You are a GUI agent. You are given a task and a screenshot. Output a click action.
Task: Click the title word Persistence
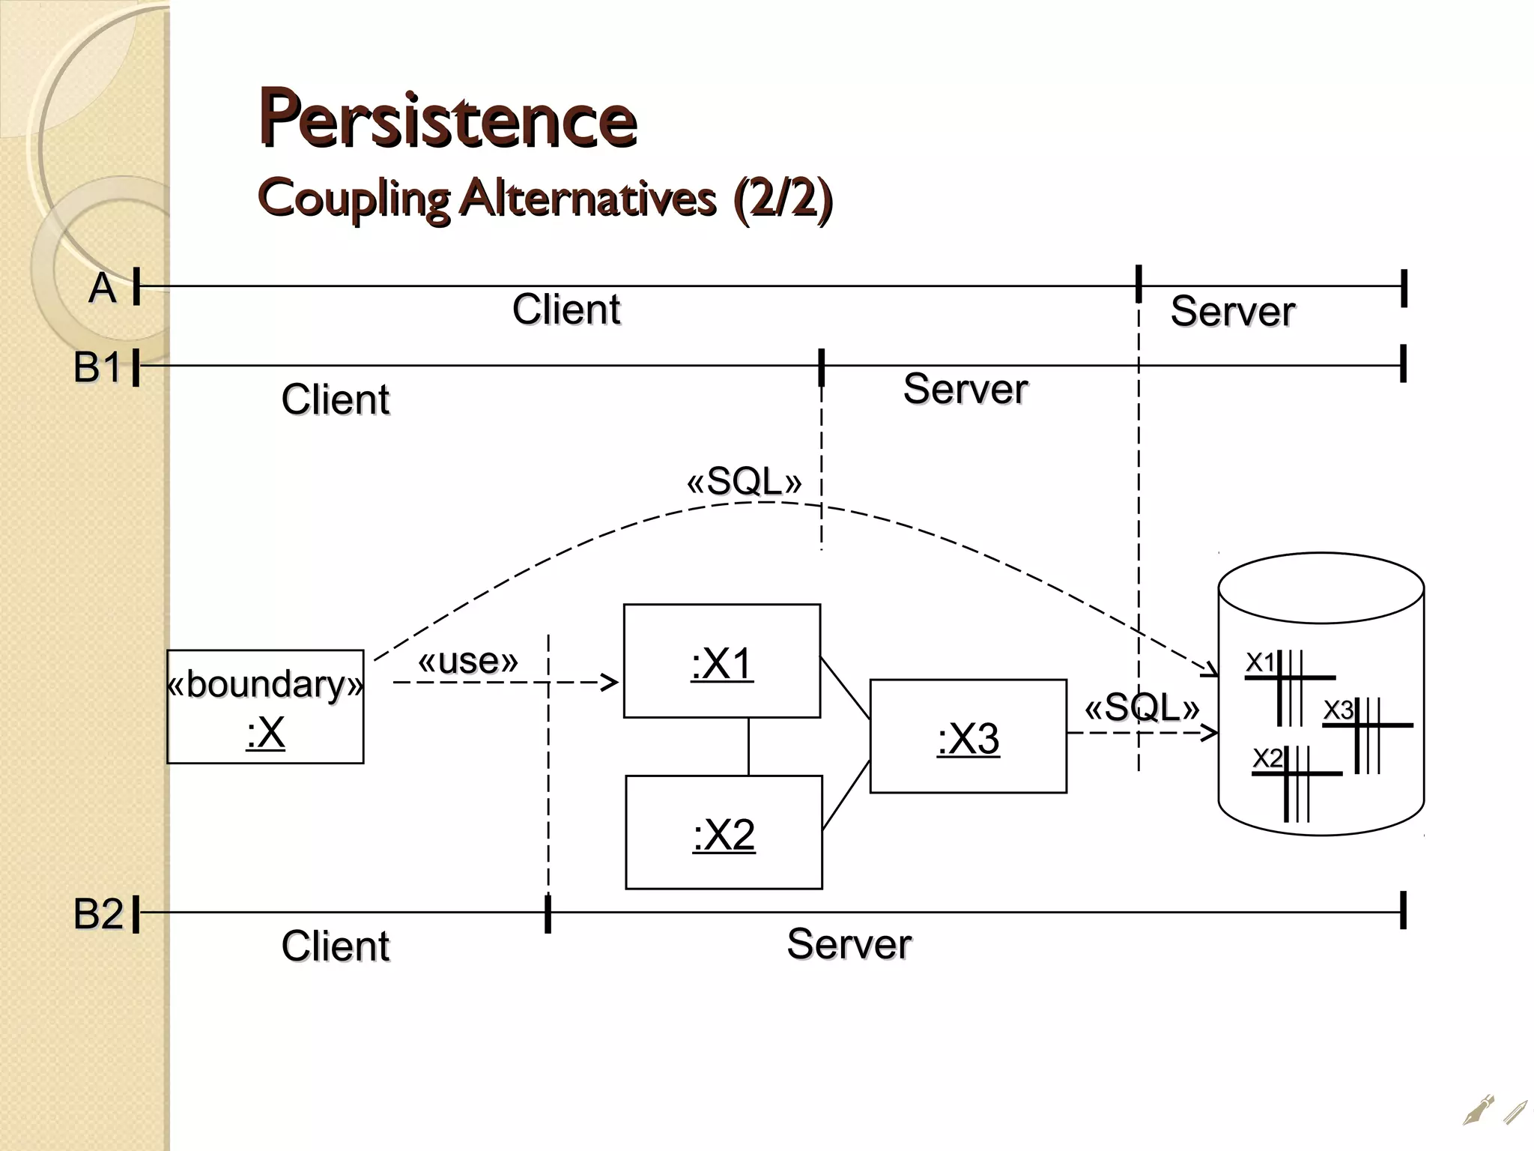(447, 118)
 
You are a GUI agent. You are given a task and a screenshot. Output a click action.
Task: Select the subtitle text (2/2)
(782, 199)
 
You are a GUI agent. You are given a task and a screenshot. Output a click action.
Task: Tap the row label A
(103, 288)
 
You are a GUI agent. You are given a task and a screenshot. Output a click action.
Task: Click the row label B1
(97, 368)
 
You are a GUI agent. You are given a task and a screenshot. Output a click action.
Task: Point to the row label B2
(97, 914)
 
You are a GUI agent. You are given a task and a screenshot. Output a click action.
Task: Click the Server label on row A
(1232, 312)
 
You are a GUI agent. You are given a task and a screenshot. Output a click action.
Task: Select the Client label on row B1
(335, 399)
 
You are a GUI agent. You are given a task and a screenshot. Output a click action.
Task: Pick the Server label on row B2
(849, 944)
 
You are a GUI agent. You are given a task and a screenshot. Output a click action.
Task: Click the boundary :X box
(265, 707)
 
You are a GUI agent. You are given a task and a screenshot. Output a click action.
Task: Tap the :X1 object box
(721, 662)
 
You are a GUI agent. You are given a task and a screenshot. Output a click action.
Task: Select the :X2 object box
(724, 833)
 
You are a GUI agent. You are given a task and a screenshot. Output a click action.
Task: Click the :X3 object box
(968, 737)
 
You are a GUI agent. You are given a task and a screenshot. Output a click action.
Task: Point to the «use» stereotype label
(467, 661)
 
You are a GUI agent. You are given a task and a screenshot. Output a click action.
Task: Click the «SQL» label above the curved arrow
(744, 481)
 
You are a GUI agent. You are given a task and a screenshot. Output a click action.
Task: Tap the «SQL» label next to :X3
(1142, 707)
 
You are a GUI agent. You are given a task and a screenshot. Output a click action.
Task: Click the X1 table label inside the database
(1260, 662)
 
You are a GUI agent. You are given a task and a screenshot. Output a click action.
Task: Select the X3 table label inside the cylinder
(1339, 709)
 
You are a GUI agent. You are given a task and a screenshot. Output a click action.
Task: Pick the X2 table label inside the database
(1268, 758)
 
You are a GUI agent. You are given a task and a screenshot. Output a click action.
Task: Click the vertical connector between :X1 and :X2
(748, 746)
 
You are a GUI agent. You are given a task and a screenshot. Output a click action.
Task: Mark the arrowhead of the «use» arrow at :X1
(612, 683)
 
